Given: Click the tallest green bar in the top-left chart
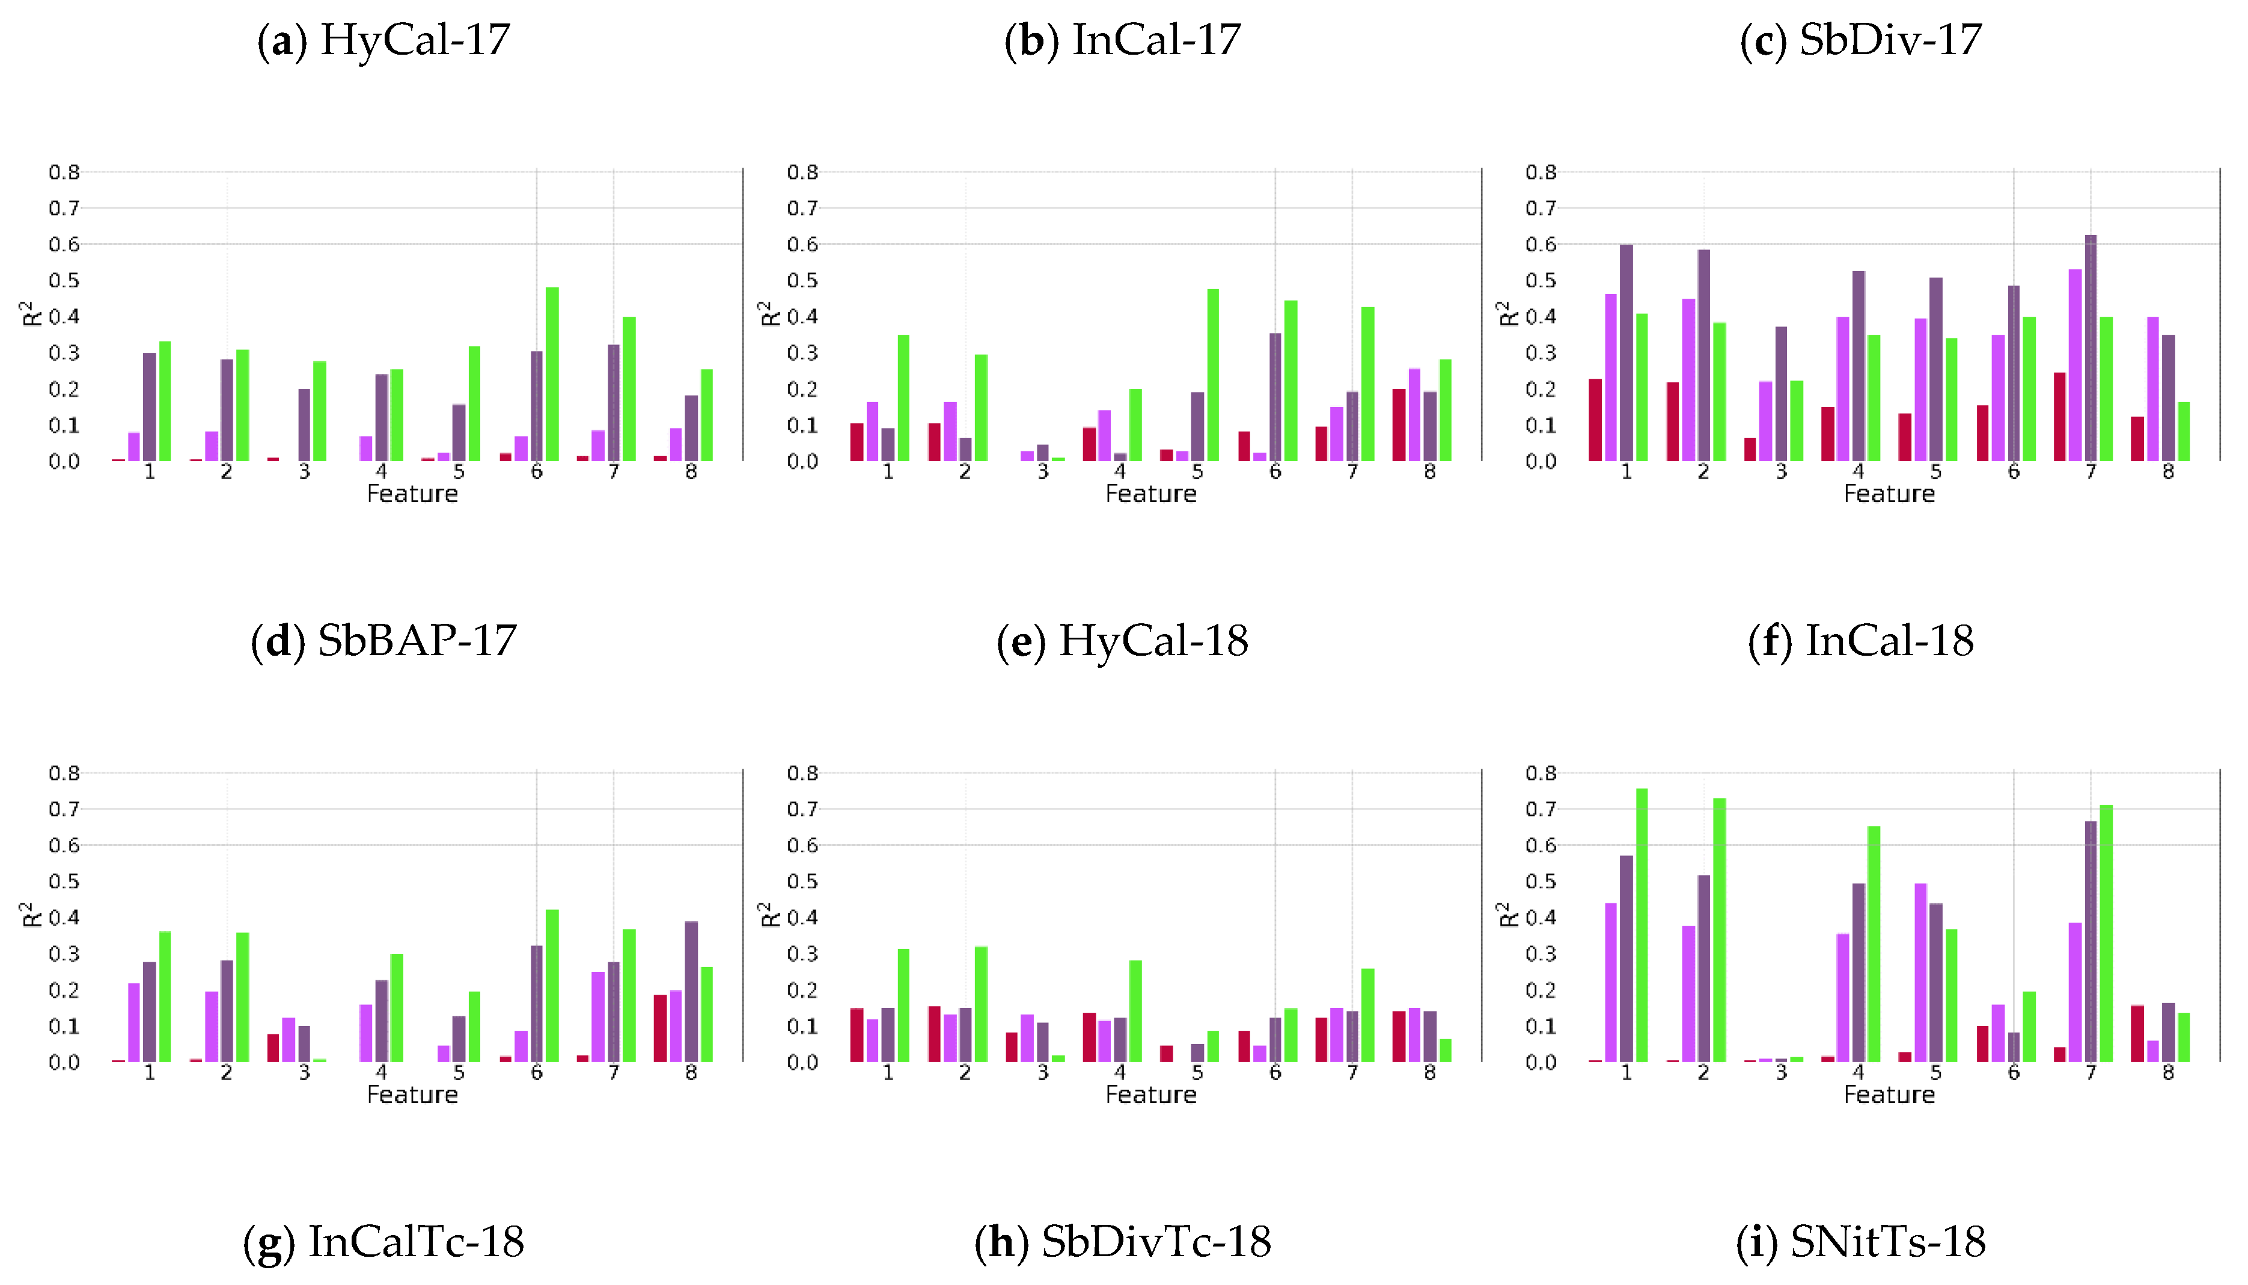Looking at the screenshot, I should click(552, 374).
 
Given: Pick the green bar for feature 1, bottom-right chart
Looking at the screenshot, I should click(1642, 925).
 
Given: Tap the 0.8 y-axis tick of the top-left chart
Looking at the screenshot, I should click(64, 172).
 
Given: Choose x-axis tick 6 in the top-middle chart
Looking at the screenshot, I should click(1274, 472).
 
